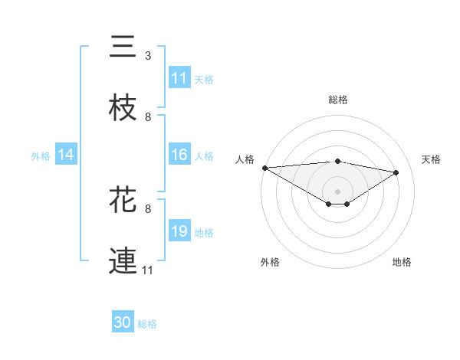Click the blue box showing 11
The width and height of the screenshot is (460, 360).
[179, 78]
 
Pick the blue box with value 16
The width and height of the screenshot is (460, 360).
[179, 155]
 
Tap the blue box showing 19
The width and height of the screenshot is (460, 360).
[179, 231]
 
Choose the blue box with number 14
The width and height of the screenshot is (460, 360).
[66, 155]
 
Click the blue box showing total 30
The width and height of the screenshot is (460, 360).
[123, 322]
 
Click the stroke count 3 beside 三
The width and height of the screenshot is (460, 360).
[148, 56]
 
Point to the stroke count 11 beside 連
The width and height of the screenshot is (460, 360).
[148, 270]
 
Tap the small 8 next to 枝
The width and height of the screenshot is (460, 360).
[148, 117]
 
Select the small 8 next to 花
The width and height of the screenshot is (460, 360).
[148, 208]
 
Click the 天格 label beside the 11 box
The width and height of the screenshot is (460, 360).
[204, 79]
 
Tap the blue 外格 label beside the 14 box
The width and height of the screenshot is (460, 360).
[41, 155]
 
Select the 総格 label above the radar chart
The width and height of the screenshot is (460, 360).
[338, 100]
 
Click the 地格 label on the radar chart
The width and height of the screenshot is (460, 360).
[402, 263]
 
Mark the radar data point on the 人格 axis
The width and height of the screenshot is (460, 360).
[264, 168]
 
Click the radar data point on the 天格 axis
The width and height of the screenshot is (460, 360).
[396, 172]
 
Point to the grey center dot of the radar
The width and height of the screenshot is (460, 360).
[338, 191]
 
